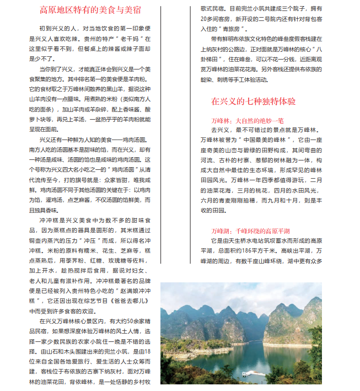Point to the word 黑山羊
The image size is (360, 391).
(x=111, y=88)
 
